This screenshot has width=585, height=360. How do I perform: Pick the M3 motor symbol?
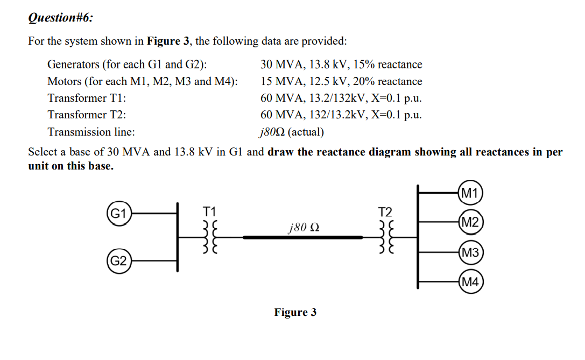(470, 252)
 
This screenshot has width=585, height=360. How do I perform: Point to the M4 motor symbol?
(470, 282)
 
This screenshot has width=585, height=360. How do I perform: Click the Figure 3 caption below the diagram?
(295, 313)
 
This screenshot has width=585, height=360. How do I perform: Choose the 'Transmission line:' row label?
(91, 132)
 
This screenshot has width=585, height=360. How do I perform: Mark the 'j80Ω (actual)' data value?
(291, 132)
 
